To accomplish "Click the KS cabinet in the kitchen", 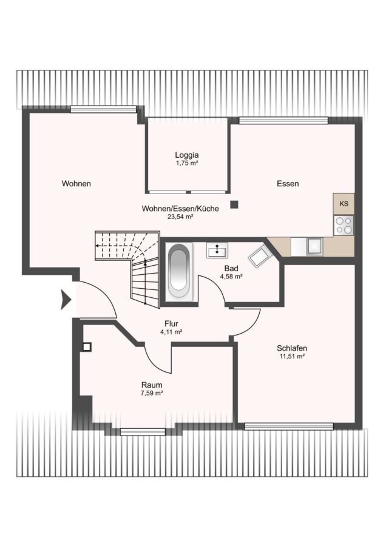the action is click(344, 204).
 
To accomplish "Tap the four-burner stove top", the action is click(344, 225).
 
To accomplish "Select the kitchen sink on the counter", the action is click(315, 246).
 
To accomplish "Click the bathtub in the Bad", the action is click(179, 270).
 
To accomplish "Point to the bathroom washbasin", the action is click(217, 250).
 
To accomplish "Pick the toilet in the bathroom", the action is click(260, 256).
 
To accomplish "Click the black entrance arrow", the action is click(66, 299).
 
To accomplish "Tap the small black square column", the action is click(235, 205).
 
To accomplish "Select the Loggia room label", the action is click(187, 155).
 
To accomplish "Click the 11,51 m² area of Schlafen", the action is click(292, 356).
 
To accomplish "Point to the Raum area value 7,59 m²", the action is click(152, 393).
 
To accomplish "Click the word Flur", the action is click(171, 324).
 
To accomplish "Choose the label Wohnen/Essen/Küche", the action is click(180, 209).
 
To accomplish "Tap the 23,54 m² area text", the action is click(180, 217).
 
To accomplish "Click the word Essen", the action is click(288, 183).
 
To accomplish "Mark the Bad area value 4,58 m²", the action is click(231, 277).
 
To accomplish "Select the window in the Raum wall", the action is click(143, 432).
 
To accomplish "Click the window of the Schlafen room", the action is click(289, 426).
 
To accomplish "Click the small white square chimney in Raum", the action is click(87, 347).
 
